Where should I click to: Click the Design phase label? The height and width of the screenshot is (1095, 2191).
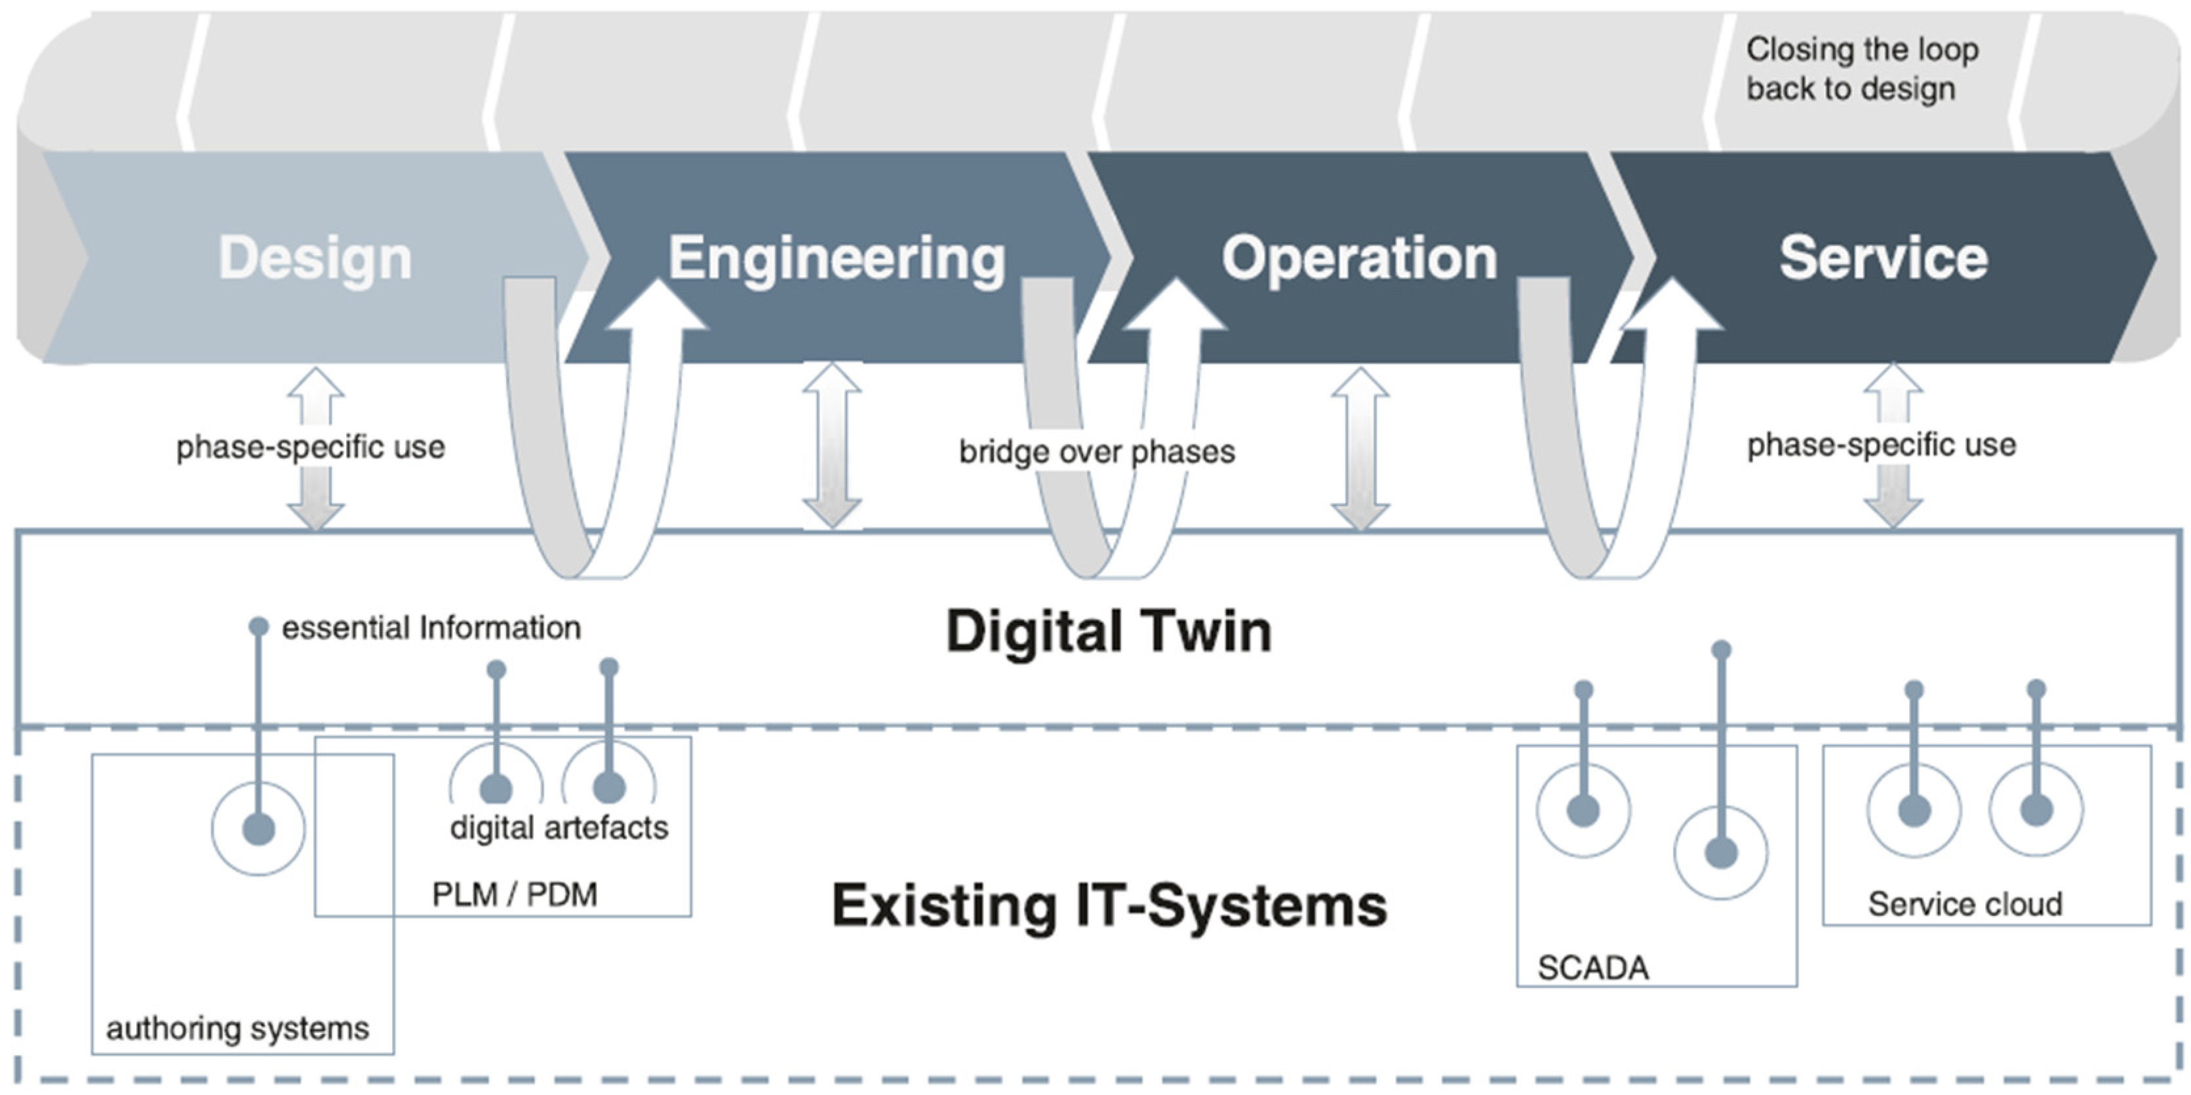315,258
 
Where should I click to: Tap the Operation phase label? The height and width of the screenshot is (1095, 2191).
1359,258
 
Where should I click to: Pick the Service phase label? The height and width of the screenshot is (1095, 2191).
1883,258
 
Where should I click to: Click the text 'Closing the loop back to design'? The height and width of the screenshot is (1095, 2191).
1862,69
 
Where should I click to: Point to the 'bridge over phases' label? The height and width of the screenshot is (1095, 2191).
1096,452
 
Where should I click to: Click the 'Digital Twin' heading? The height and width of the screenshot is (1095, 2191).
1108,631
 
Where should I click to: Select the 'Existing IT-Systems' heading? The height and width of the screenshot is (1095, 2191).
1108,906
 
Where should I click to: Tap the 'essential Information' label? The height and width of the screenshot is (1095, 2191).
431,628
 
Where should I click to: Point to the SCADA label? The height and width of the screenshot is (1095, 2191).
1592,967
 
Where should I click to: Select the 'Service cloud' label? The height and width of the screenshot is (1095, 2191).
1965,904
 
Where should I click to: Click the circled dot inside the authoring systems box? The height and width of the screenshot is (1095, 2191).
258,829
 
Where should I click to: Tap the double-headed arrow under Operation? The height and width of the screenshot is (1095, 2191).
1360,449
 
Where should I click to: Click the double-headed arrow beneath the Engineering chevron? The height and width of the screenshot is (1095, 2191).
832,445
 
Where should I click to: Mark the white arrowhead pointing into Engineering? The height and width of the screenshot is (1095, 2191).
658,306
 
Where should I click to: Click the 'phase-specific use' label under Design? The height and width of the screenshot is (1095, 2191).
311,447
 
